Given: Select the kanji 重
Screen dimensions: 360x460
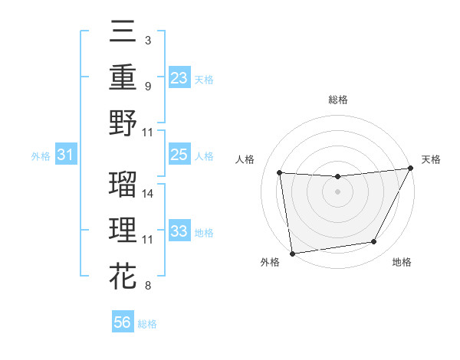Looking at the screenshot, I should [x=123, y=77].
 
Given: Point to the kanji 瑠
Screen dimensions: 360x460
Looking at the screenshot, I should [x=123, y=185].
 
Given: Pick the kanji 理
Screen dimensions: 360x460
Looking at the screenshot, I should [x=123, y=229].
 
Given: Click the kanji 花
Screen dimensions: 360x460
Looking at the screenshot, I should [x=123, y=273].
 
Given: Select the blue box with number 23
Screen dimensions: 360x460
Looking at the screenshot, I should [x=179, y=77].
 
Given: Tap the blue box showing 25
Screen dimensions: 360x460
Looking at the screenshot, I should [x=179, y=155].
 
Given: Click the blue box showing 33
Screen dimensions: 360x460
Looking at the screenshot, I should [x=179, y=231].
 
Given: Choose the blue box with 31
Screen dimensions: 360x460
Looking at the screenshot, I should [x=67, y=155].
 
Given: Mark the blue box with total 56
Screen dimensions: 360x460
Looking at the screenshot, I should [x=123, y=323].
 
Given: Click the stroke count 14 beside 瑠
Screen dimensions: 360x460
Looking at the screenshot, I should [x=148, y=194].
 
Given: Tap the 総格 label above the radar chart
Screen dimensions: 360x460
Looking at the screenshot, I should [x=337, y=100].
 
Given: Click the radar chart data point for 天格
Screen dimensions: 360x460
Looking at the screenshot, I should [x=412, y=169].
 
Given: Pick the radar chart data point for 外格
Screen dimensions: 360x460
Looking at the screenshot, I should [x=292, y=253].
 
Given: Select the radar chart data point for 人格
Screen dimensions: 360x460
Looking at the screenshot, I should [x=279, y=172].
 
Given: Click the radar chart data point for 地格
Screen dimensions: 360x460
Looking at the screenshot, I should [x=374, y=242].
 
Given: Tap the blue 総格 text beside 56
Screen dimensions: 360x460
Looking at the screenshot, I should [x=147, y=324].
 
